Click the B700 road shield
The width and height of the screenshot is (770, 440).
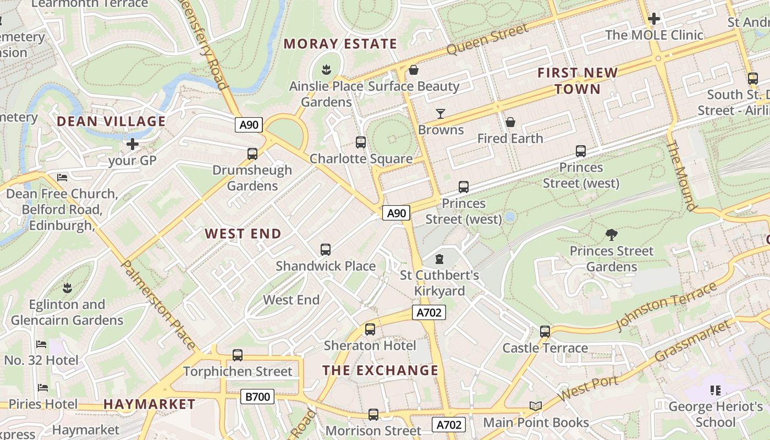tap(257, 396)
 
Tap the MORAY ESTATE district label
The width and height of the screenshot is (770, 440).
tap(340, 44)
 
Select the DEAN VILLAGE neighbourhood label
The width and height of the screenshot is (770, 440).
tap(111, 121)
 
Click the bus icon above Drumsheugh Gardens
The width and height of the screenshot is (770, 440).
tap(252, 154)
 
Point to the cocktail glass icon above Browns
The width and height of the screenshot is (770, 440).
tap(441, 114)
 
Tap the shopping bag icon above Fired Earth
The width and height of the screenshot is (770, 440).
tap(510, 122)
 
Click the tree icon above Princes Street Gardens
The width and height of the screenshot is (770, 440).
tap(611, 235)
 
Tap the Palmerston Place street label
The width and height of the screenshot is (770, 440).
tap(158, 305)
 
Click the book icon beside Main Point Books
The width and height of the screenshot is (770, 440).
tap(535, 406)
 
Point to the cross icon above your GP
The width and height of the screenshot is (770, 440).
tap(133, 145)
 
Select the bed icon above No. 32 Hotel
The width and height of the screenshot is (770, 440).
tap(41, 344)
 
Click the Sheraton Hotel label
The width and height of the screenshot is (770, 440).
tap(370, 345)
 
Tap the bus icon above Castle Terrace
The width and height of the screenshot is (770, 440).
tap(545, 332)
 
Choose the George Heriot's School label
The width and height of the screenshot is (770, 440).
tap(715, 414)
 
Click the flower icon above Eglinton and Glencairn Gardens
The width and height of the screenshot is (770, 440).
tap(67, 288)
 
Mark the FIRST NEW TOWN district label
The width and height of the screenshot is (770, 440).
tap(577, 80)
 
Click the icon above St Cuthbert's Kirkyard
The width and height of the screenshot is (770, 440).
tap(439, 258)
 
